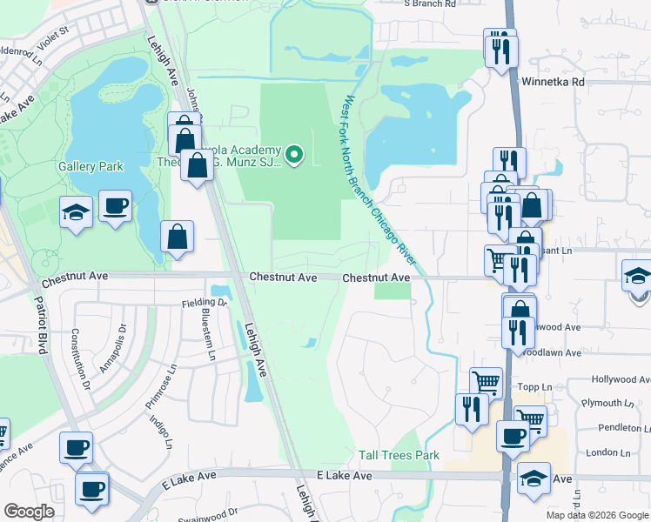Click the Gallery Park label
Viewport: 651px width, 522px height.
91,166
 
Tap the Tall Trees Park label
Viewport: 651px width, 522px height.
399,455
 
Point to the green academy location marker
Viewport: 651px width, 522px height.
294,156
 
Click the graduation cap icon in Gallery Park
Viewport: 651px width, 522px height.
77,211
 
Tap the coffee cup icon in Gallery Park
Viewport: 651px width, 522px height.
115,206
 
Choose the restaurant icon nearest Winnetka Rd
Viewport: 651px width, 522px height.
502,50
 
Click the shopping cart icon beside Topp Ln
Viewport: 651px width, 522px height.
486,381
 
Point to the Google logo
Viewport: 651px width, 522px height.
30,512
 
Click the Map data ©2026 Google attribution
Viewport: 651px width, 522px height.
596,515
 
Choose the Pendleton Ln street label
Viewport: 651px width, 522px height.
622,428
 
